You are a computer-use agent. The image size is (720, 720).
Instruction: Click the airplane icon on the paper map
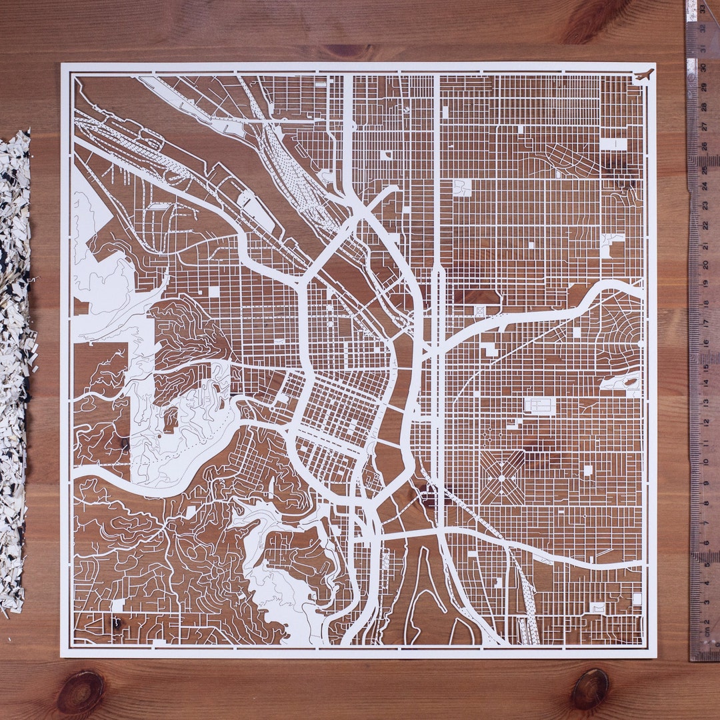tap(644, 75)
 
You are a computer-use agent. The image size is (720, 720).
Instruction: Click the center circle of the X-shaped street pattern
tap(502, 476)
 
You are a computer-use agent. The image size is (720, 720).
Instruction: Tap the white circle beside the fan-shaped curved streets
tap(640, 344)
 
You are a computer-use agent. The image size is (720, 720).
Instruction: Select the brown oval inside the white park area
tap(629, 382)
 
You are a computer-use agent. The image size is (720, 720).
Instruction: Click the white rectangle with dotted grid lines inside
tap(539, 405)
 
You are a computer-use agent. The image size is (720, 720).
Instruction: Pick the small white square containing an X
tap(479, 309)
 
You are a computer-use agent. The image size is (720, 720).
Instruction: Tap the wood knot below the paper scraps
tap(80, 692)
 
